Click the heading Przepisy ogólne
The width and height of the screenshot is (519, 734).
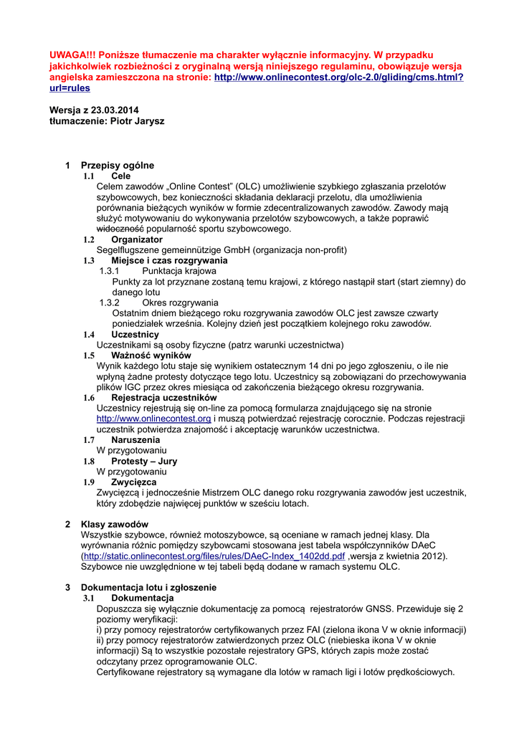click(x=117, y=166)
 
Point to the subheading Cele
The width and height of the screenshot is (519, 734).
click(x=121, y=176)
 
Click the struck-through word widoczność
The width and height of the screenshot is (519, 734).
click(x=120, y=229)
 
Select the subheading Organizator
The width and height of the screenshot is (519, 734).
click(x=137, y=239)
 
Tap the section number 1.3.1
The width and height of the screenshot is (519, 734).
click(x=109, y=271)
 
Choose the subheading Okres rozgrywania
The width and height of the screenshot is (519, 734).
click(x=180, y=302)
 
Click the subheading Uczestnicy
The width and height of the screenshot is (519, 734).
click(x=135, y=335)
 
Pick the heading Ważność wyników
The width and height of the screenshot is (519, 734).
click(x=151, y=356)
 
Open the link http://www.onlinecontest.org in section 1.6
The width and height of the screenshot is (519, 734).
click(x=153, y=419)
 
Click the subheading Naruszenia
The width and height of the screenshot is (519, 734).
click(x=135, y=440)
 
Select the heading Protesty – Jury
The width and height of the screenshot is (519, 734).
click(x=144, y=461)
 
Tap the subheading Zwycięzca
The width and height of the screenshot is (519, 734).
click(x=134, y=482)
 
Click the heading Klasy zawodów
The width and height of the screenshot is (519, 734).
click(x=115, y=524)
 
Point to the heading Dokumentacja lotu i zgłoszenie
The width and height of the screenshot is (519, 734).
click(x=148, y=587)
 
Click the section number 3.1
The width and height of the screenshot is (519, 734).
click(x=89, y=598)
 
